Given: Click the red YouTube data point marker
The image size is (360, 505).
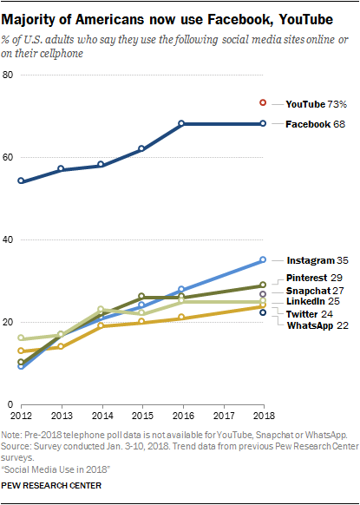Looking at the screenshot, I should pyautogui.click(x=263, y=102).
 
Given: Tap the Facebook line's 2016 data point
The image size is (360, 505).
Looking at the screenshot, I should pyautogui.click(x=182, y=124).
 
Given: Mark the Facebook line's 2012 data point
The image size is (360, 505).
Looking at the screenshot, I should pyautogui.click(x=21, y=181).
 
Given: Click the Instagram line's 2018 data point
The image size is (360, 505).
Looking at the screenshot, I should pyautogui.click(x=263, y=259).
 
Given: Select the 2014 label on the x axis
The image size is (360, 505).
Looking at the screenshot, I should pyautogui.click(x=101, y=415).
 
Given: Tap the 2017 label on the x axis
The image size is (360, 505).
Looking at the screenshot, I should pyautogui.click(x=222, y=415).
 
